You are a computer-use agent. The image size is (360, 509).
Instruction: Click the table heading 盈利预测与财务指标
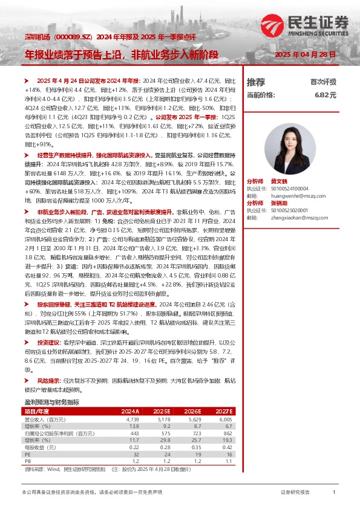tap(51, 401)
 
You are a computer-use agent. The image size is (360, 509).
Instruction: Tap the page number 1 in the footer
tap(334, 493)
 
